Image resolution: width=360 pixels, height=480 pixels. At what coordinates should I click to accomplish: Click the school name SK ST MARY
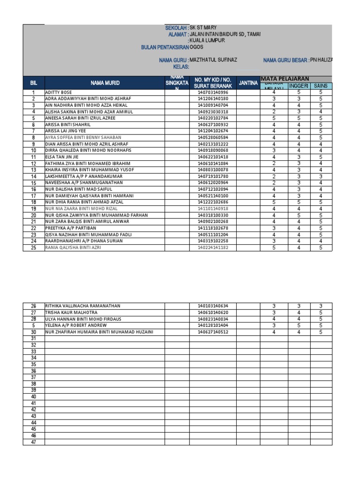tap(203, 28)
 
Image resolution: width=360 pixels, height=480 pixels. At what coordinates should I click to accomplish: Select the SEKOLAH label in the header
tap(177, 28)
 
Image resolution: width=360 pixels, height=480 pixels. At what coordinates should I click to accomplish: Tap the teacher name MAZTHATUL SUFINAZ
tap(213, 60)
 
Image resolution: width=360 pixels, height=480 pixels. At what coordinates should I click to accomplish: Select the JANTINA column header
tap(248, 83)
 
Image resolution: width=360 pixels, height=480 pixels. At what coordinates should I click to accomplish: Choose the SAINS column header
tap(321, 86)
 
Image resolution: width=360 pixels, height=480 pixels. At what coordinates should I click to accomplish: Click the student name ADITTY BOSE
tap(59, 93)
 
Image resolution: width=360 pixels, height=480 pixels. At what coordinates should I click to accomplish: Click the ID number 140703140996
tap(213, 93)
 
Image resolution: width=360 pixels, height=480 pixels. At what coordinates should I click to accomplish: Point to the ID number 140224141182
tap(213, 247)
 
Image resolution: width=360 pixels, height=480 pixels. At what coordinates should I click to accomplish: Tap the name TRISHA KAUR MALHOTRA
tap(71, 312)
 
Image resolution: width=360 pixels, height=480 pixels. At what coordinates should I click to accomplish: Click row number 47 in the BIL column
tap(33, 442)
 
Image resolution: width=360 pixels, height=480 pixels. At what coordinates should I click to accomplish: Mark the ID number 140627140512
tap(213, 332)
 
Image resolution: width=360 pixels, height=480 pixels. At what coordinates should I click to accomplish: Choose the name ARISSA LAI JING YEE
tap(66, 131)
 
